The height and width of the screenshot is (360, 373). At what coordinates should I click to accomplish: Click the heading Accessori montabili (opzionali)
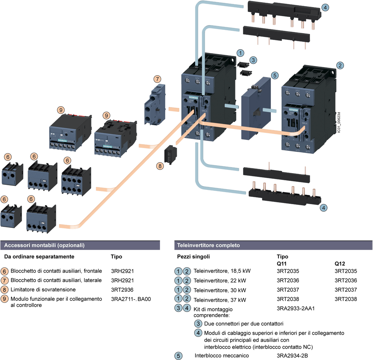(44, 245)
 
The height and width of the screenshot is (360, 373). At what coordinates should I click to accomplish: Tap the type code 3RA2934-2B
(292, 356)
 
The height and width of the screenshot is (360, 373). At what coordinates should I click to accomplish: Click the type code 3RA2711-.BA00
(131, 299)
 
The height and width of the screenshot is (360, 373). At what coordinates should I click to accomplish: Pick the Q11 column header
(282, 264)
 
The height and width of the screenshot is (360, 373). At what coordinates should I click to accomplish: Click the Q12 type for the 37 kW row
(346, 299)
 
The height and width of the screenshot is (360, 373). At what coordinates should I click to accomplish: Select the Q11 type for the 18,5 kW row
(288, 271)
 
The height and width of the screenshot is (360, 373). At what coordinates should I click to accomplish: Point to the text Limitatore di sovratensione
(43, 289)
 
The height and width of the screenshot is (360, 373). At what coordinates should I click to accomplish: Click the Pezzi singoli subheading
(193, 257)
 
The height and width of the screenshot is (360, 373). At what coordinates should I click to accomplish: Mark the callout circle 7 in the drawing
(158, 79)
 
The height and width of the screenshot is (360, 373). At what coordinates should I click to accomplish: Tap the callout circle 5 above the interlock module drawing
(275, 75)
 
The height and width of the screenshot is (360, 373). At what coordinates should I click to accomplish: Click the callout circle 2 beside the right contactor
(340, 65)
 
